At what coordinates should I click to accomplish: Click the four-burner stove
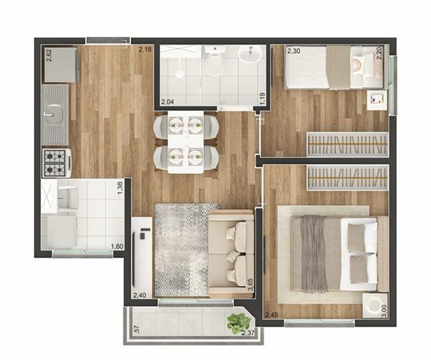(56, 163)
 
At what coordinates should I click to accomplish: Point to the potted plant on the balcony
(238, 322)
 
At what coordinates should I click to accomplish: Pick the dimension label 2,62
(49, 55)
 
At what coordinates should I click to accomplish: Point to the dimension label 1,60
(117, 247)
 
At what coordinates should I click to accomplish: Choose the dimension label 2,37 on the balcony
(248, 334)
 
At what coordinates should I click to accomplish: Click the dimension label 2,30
(294, 51)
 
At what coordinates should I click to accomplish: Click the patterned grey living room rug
(181, 248)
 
